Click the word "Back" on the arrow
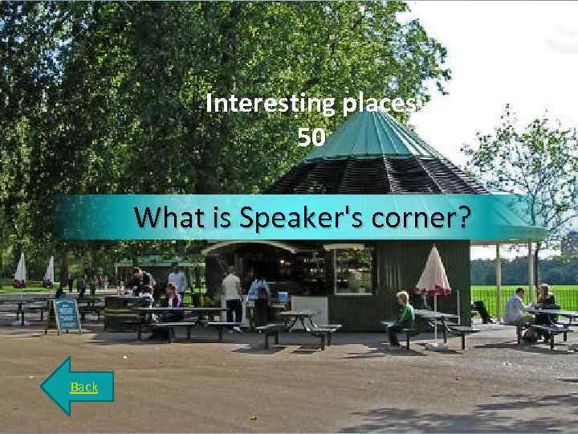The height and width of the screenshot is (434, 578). pyautogui.click(x=83, y=387)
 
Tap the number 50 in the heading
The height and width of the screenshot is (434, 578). pyautogui.click(x=311, y=138)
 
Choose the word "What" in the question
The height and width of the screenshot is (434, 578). pyautogui.click(x=164, y=217)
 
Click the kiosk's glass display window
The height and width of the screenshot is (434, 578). pyautogui.click(x=353, y=270)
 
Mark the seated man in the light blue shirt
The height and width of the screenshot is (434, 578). pyautogui.click(x=516, y=309)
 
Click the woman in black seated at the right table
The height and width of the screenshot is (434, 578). pyautogui.click(x=546, y=305)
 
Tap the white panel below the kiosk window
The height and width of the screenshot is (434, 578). pyautogui.click(x=308, y=309)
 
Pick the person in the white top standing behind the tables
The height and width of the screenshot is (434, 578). pyautogui.click(x=177, y=281)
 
